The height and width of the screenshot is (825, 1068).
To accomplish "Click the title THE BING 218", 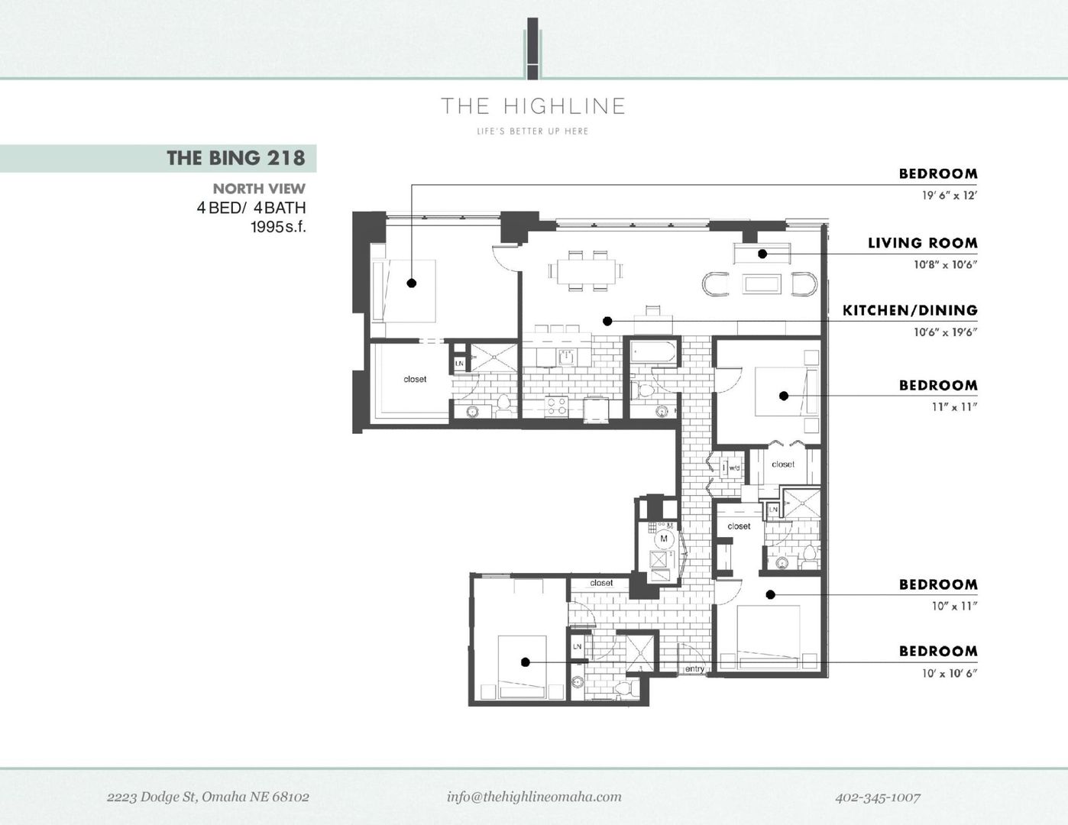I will pos(235,158).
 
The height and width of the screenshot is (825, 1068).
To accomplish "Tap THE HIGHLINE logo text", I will pos(533,106).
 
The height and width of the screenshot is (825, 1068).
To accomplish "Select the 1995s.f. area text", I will pos(278,227).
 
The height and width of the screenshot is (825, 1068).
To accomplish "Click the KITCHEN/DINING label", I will pos(909,310).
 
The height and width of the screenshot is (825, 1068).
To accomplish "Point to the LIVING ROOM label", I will pos(922,243).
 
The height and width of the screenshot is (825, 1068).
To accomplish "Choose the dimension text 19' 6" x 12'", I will pos(949,196).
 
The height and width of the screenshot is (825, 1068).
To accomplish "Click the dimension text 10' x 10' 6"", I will pos(949,674).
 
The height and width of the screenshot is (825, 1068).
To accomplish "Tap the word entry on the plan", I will pos(694,669).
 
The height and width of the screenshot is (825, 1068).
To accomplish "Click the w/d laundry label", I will pos(733,467).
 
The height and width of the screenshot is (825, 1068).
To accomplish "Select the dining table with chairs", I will pos(584,270).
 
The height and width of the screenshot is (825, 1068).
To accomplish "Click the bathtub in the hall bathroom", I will pos(653,353).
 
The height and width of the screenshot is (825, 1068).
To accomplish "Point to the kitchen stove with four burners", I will pos(557,406).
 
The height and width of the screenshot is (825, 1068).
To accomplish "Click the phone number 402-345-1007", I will pos(877,797).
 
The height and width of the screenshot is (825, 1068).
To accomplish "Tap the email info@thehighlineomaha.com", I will pos(534,797).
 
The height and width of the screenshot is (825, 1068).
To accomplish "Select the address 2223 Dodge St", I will pos(208,797).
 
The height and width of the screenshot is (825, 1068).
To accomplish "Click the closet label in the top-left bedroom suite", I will pos(415,380).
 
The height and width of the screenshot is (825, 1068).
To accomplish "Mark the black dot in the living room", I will pos(762,254).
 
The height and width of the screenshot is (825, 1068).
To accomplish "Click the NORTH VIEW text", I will pos(259,189).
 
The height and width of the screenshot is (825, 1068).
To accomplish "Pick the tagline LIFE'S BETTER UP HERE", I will pos(532,131).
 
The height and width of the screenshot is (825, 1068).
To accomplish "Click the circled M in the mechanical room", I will pos(663,539).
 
